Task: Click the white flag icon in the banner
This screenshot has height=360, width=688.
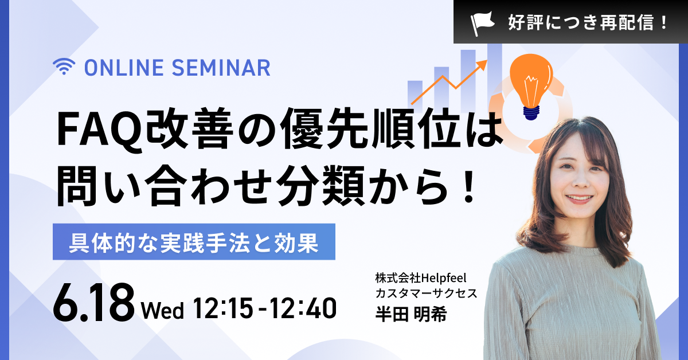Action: click(482, 23)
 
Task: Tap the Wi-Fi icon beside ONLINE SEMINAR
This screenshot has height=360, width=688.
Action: click(64, 66)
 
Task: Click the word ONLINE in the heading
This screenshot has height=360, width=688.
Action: click(124, 68)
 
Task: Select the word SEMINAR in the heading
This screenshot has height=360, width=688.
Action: click(221, 68)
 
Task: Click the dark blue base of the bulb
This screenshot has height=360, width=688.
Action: click(531, 113)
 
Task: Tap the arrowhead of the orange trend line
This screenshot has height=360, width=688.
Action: click(482, 64)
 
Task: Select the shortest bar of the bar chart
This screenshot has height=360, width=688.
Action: click(415, 92)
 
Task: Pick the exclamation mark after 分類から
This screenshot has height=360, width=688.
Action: click(469, 186)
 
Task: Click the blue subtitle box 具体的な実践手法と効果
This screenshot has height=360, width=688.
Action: click(194, 242)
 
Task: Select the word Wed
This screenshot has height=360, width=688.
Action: click(162, 311)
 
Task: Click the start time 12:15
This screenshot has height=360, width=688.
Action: click(223, 308)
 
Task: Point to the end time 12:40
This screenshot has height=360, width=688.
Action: click(303, 308)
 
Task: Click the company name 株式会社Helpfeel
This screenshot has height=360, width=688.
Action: click(421, 278)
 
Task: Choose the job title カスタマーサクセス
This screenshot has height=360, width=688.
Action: click(427, 294)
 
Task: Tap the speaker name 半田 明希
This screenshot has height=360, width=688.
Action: click(411, 314)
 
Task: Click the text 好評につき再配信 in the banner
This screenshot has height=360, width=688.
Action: click(580, 23)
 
